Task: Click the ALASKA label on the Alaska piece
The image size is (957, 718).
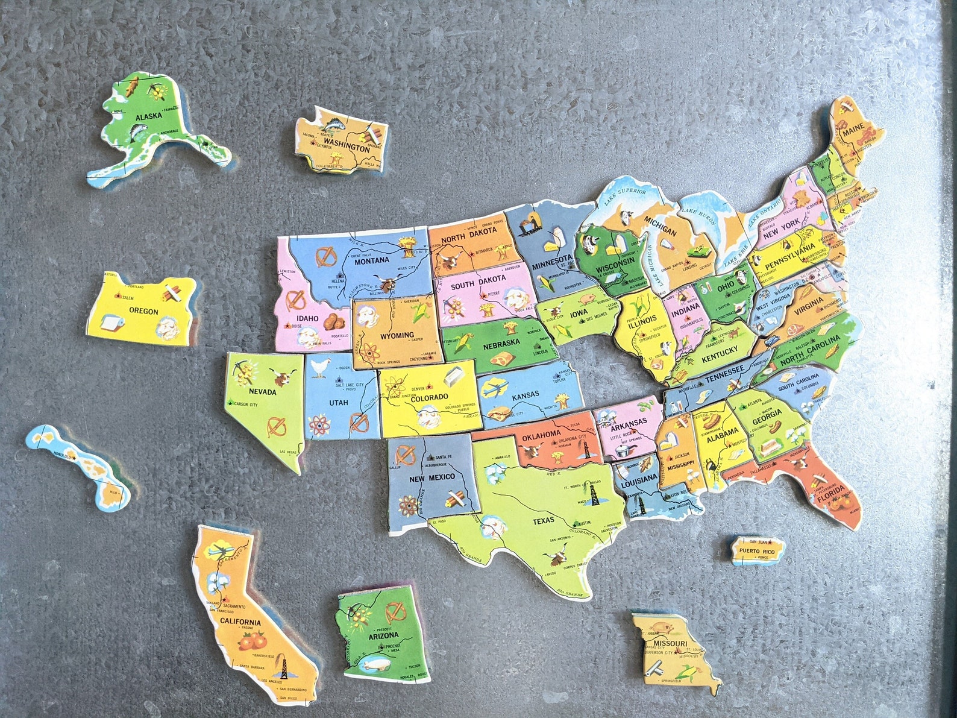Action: (146, 117)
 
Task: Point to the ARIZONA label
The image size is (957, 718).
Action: (384, 635)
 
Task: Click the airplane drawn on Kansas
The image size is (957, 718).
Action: (498, 388)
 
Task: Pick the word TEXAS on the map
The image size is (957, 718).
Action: (544, 521)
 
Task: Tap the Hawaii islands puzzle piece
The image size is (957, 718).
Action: (78, 464)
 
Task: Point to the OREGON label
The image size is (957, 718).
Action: (143, 312)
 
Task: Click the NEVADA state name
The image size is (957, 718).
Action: (262, 392)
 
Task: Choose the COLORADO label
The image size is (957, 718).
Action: (430, 397)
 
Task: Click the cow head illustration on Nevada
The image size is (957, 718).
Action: (281, 379)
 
